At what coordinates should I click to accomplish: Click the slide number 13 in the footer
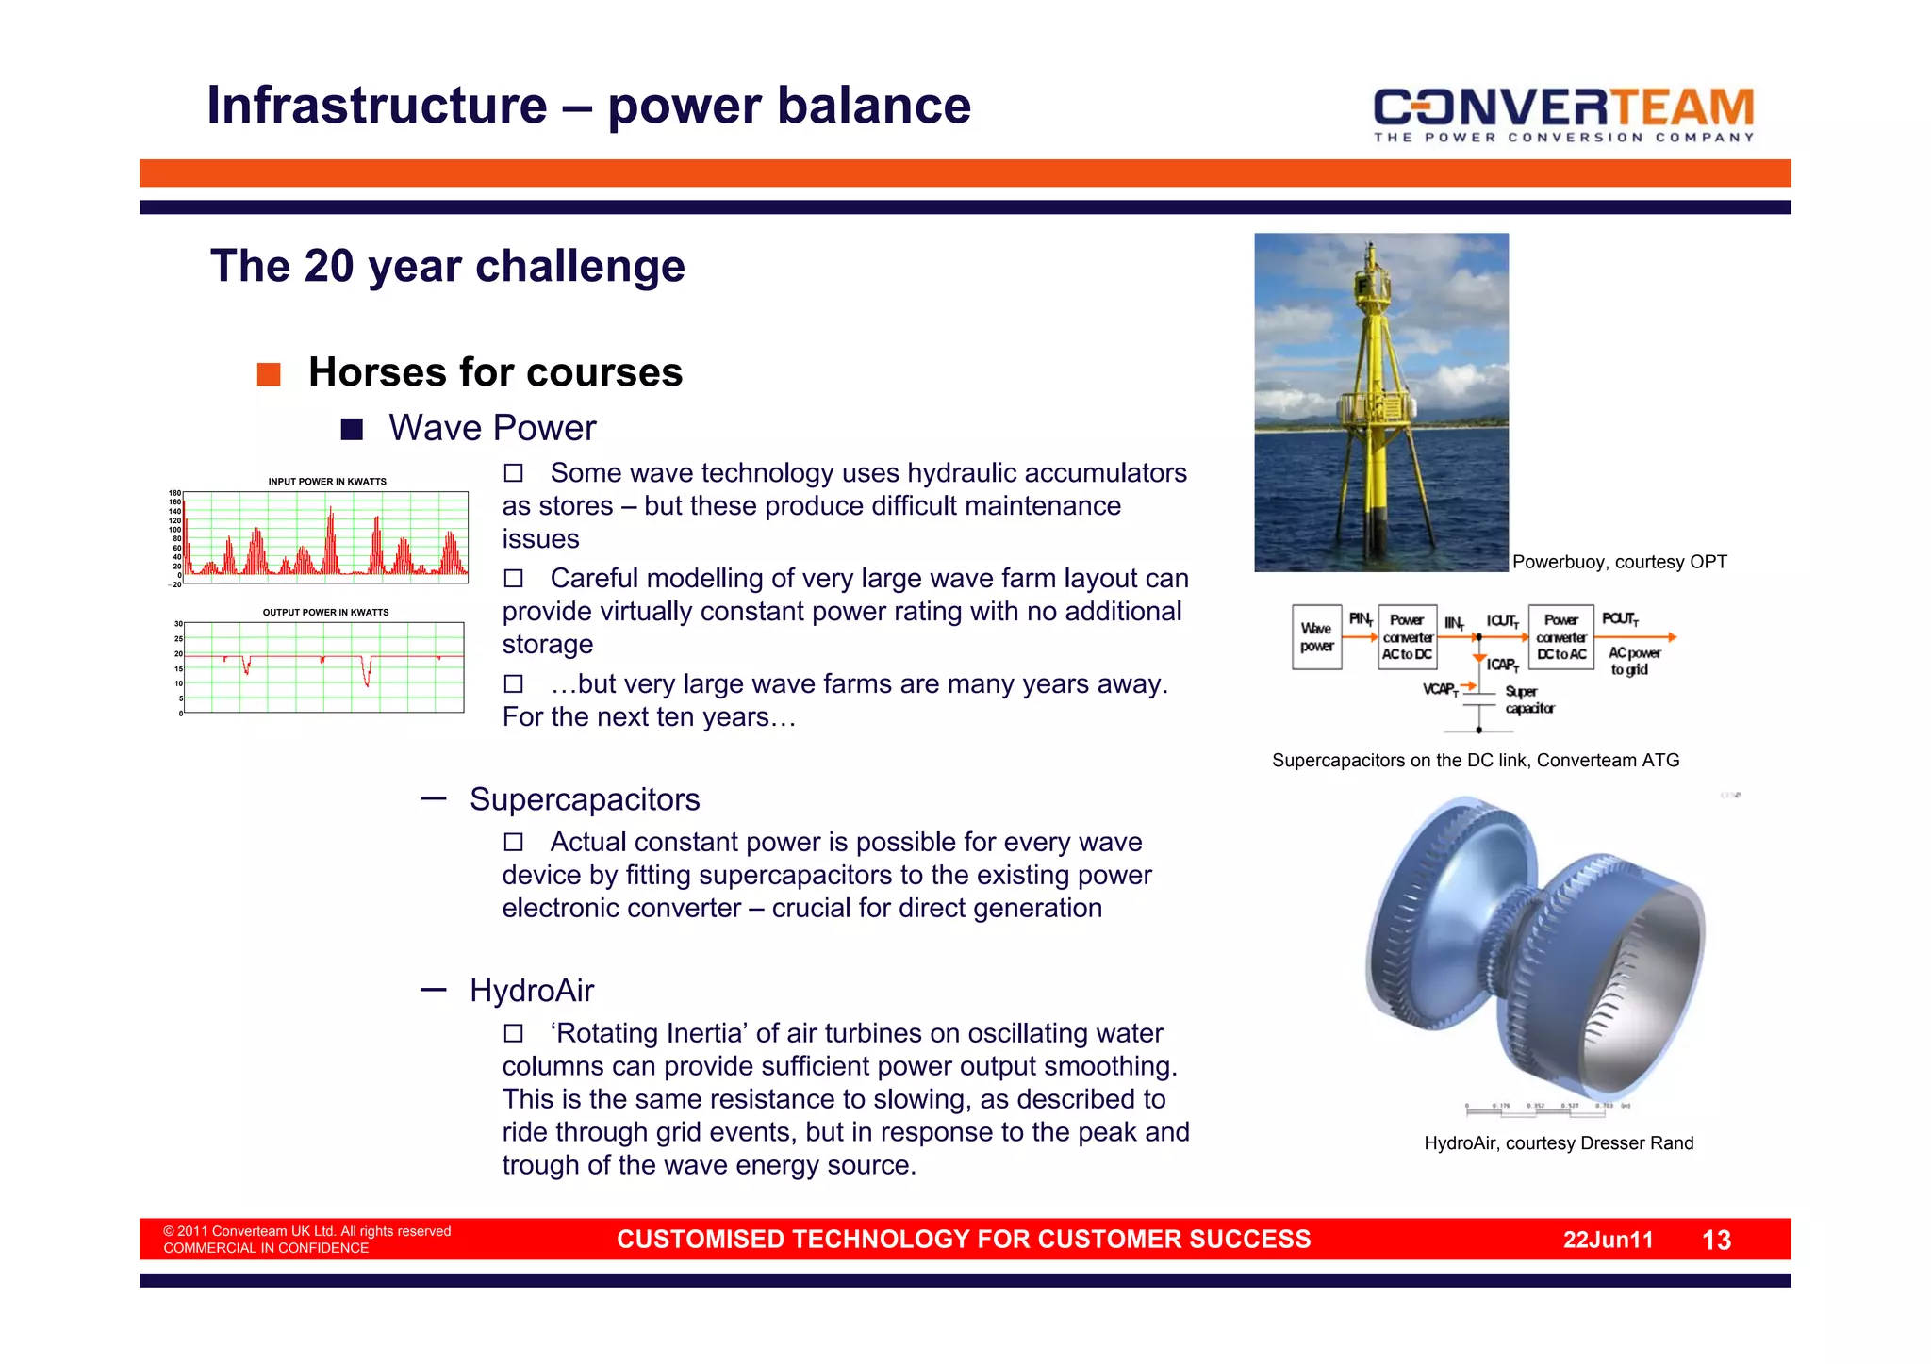tap(1716, 1240)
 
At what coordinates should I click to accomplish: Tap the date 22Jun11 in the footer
tap(1608, 1240)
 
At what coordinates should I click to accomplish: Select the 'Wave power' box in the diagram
tap(1316, 637)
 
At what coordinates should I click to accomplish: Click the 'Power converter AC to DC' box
tap(1407, 637)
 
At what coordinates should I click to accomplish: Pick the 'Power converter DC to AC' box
tap(1560, 637)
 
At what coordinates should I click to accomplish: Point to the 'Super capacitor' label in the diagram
tap(1528, 699)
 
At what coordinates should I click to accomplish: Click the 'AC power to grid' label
tap(1634, 661)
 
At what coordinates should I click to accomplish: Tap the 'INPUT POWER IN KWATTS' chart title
tap(327, 482)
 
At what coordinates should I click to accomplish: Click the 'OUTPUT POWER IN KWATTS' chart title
tap(325, 613)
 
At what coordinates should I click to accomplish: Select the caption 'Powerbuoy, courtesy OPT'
tap(1619, 562)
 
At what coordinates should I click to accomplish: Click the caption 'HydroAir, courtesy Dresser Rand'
tap(1559, 1143)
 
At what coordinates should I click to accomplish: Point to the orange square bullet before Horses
tap(269, 374)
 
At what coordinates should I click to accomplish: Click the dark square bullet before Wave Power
tap(352, 430)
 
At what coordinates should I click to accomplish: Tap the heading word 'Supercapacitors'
tap(585, 799)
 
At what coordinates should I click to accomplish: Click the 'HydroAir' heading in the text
tap(532, 991)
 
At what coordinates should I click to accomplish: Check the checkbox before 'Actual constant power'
tap(513, 842)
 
